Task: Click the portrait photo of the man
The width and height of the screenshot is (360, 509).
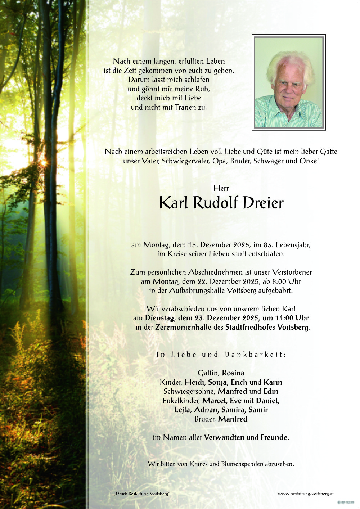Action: click(x=289, y=82)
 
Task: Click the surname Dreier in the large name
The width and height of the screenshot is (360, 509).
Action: click(x=263, y=203)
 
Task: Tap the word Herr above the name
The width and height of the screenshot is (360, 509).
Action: click(x=221, y=188)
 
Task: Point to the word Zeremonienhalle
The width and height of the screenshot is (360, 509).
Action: click(x=183, y=328)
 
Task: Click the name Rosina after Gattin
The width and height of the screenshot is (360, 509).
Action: click(x=233, y=373)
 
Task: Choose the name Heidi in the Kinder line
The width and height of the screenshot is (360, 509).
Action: click(x=195, y=382)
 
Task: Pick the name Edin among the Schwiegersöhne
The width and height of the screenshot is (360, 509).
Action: click(x=271, y=391)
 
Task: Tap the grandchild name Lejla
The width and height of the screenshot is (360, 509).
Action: click(x=183, y=410)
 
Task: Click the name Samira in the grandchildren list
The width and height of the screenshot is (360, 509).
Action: click(x=234, y=410)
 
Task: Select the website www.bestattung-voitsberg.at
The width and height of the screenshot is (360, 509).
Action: click(x=306, y=494)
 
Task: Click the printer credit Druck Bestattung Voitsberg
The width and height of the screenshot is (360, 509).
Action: click(x=142, y=494)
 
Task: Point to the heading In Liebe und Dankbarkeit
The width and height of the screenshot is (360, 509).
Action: click(x=221, y=355)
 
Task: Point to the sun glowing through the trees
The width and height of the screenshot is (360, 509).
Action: click(x=43, y=163)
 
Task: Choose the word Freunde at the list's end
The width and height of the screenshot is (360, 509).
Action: click(x=274, y=438)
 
